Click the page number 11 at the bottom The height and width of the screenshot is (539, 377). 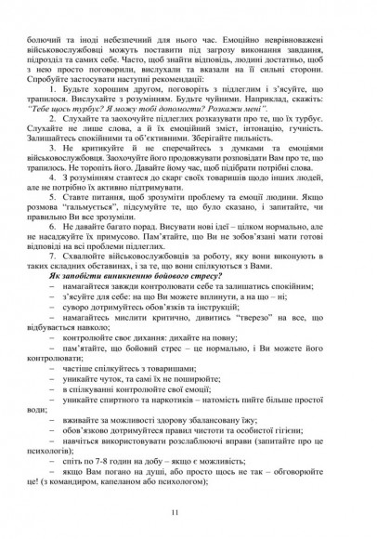pos(188,513)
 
